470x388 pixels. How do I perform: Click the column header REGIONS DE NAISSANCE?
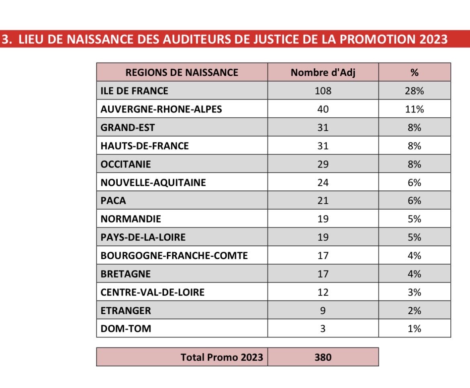click(x=182, y=73)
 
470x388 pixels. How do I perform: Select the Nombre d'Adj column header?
click(x=323, y=73)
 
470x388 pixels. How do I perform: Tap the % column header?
click(x=415, y=73)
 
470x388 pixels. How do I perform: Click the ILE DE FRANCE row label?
click(x=135, y=91)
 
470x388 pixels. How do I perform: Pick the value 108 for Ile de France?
click(x=323, y=91)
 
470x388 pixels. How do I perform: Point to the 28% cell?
click(x=415, y=91)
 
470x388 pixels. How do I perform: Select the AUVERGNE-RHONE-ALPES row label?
click(x=161, y=109)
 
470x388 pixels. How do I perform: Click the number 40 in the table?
click(x=323, y=109)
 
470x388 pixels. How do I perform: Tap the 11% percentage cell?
click(x=415, y=109)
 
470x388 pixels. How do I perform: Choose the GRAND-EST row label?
click(x=128, y=128)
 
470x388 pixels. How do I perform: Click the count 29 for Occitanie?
click(x=323, y=164)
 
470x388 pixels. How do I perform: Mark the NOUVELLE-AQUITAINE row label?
click(x=153, y=183)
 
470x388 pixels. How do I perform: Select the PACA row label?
click(x=113, y=201)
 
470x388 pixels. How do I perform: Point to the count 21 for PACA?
click(x=323, y=201)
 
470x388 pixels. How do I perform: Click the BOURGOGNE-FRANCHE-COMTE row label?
click(x=174, y=255)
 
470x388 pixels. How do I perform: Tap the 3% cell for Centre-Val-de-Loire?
click(x=415, y=292)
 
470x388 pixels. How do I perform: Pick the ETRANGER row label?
click(x=126, y=310)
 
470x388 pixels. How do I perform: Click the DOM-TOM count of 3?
click(x=323, y=329)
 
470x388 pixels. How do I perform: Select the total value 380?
click(x=323, y=357)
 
